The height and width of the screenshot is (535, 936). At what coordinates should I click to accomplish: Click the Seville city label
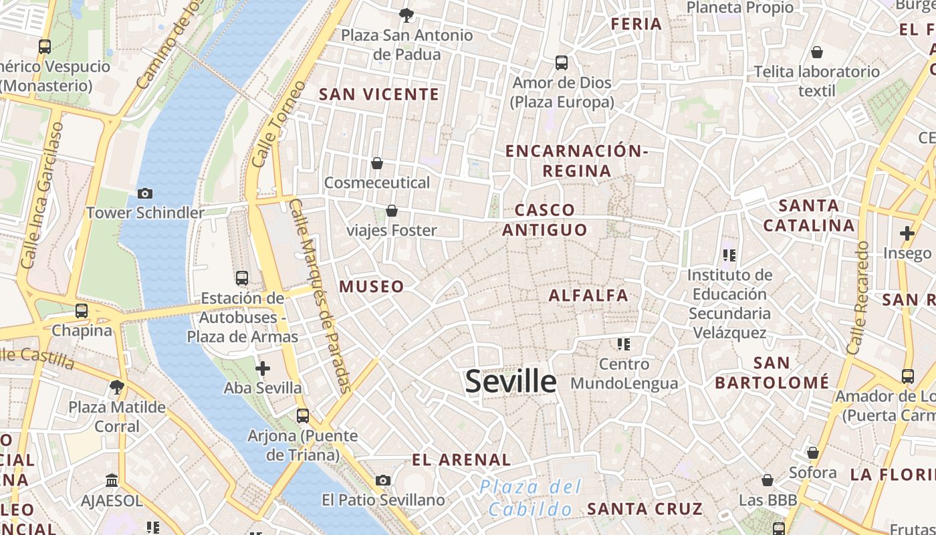pos(511,381)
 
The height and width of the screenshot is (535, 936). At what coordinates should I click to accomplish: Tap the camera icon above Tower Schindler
pos(144,194)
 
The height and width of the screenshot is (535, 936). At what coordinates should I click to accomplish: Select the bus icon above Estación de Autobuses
pos(242,278)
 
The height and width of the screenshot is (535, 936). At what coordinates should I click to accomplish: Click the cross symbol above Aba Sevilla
pos(263,368)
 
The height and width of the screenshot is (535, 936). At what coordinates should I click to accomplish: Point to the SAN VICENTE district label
pos(379,94)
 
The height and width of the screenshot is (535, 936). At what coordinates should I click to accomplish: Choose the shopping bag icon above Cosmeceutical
pos(377,163)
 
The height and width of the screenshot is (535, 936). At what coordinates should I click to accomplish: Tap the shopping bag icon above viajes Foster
pos(392,211)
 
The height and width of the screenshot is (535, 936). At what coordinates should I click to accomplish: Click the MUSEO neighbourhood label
pos(372,287)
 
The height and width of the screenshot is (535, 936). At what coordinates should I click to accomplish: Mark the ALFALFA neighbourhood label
pos(588,295)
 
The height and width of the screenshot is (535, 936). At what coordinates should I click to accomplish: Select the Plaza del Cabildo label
pos(532,498)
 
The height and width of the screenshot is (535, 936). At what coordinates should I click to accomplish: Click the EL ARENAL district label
pos(461,460)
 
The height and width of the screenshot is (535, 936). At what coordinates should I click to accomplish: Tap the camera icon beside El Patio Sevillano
pos(383,480)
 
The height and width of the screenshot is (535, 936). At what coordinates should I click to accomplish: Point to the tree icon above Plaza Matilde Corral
pos(117,387)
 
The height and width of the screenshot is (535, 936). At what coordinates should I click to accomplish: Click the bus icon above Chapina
pos(82,310)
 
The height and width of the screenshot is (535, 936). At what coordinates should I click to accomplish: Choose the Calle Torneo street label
pos(279,124)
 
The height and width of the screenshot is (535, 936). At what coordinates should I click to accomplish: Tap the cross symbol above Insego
pos(907,233)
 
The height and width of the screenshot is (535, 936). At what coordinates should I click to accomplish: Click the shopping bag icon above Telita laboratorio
pos(816,52)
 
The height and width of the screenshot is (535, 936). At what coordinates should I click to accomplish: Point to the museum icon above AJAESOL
pos(112,480)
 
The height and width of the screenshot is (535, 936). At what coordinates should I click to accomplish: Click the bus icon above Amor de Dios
pos(562,63)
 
